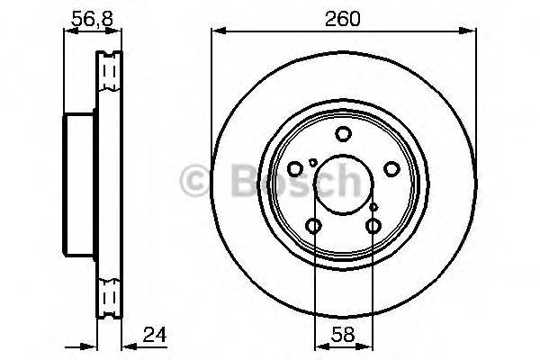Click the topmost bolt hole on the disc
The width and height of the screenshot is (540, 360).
tap(343, 135)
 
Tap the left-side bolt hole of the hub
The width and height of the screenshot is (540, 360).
tap(295, 168)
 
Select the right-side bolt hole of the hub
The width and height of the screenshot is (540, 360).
tap(391, 168)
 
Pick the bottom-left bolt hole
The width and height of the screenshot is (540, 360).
tap(314, 226)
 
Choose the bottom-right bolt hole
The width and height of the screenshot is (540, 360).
tap(373, 226)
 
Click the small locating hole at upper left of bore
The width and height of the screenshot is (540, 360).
tap(312, 162)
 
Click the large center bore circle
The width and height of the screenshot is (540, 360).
tap(343, 185)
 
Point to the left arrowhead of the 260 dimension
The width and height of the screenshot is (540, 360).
tap(216, 31)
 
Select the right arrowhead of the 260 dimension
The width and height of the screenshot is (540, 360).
tap(470, 31)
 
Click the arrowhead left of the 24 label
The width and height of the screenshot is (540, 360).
tap(126, 345)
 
